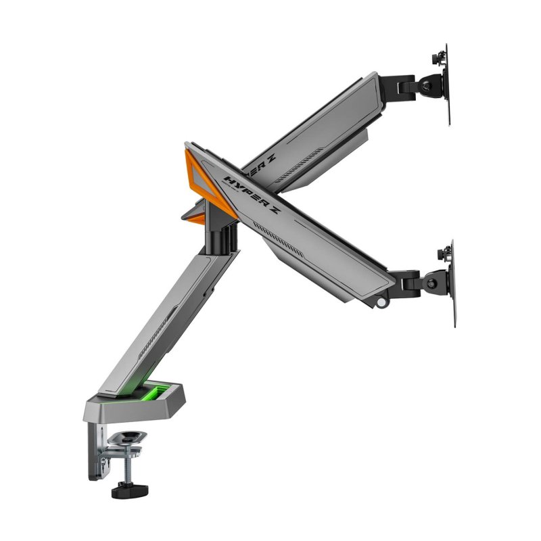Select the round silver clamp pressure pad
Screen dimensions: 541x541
coord(128,439)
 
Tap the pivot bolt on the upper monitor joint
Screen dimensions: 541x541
coord(425,85)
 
